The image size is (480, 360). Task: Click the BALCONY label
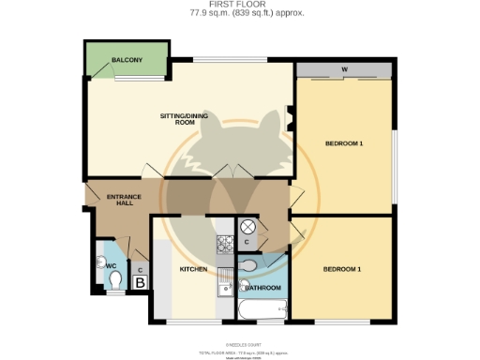point(127,60)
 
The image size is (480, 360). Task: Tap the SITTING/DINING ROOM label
point(177,118)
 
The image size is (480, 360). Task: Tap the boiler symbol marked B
point(141,280)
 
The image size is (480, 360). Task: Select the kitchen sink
point(225,285)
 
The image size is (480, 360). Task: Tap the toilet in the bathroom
point(246,266)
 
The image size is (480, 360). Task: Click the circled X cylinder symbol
point(249,227)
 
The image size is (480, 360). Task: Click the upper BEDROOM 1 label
point(344,143)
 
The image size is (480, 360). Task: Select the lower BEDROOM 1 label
point(342,269)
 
